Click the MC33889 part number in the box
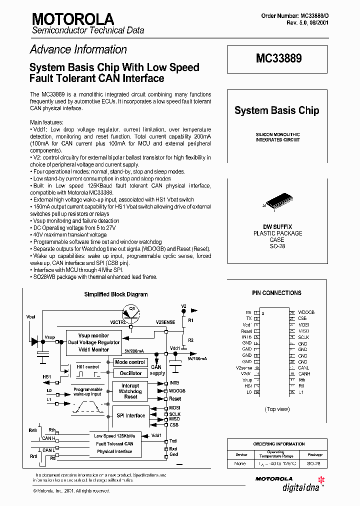point(278,58)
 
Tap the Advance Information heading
point(78,49)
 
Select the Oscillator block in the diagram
point(130,373)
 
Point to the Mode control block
point(130,362)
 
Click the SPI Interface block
point(130,415)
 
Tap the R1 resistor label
point(190,319)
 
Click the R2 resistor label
point(190,340)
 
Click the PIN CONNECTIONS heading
point(276,293)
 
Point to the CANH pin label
point(304,374)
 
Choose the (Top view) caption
point(277,409)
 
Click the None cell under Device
point(240,463)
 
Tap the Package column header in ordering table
point(314,455)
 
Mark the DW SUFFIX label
point(277,227)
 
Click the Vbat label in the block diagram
point(31,317)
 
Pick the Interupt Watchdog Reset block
point(130,391)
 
